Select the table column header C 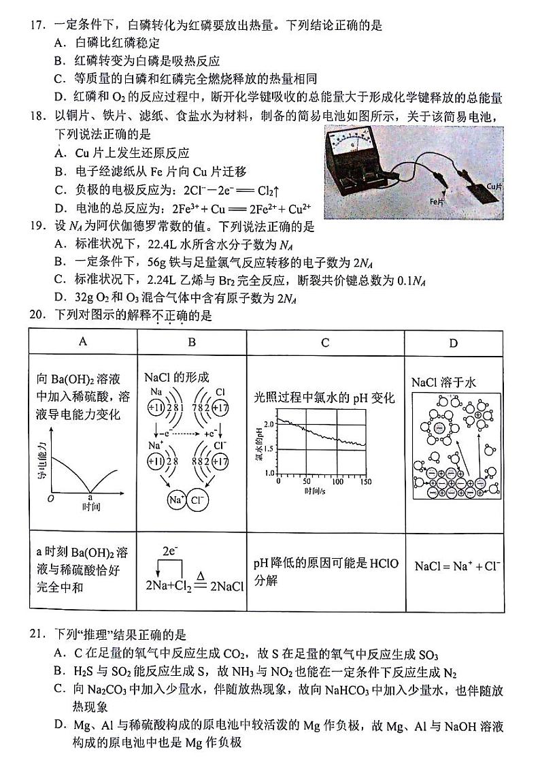point(324,342)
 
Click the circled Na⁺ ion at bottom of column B point(176,500)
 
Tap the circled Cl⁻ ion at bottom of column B point(197,500)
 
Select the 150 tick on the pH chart point(366,481)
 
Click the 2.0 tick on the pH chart point(269,423)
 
